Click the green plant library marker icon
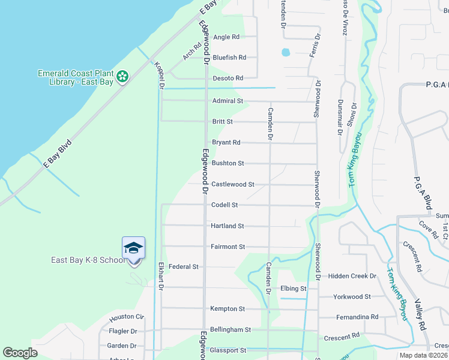click(122, 76)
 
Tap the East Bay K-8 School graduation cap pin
click(133, 248)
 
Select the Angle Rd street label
click(226, 37)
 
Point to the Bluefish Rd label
click(229, 58)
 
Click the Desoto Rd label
click(228, 79)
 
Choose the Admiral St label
click(228, 101)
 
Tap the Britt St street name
click(222, 122)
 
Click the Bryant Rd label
click(226, 143)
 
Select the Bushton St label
click(228, 163)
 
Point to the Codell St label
click(224, 205)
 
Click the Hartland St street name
click(228, 226)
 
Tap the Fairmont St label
click(228, 247)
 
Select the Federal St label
click(184, 267)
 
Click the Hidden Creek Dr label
click(352, 276)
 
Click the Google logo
click(20, 353)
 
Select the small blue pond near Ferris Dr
click(285, 52)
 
